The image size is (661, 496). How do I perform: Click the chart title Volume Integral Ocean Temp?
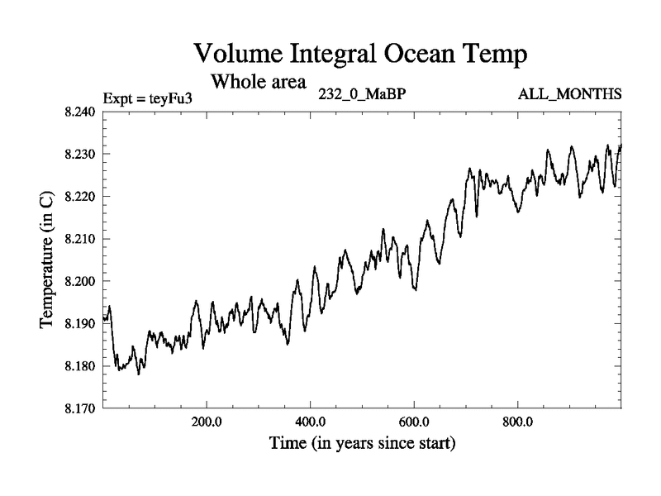point(360,55)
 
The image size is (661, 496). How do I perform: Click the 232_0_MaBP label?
point(362,93)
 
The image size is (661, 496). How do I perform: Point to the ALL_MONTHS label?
point(569,93)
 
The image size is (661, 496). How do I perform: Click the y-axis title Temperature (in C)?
point(47,260)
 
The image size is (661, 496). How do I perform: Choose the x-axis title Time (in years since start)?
point(362,443)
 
